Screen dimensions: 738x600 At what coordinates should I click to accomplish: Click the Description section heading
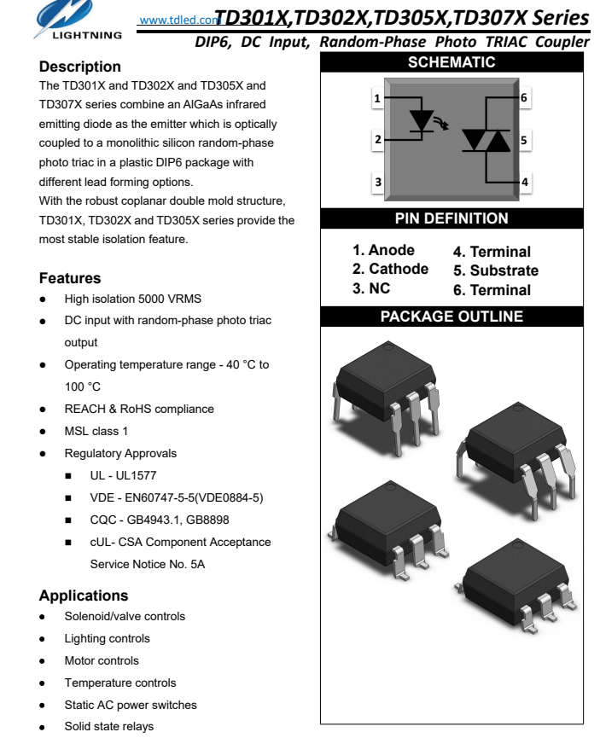tap(80, 67)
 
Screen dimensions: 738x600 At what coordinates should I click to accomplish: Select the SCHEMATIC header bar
tap(451, 62)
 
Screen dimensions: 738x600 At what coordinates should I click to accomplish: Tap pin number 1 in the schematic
tap(377, 99)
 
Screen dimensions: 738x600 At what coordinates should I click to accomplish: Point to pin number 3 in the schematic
tap(377, 181)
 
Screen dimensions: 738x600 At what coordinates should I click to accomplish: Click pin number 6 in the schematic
tap(524, 98)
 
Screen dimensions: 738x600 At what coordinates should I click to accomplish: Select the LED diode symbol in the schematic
tap(421, 119)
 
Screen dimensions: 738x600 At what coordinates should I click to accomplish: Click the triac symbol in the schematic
tap(486, 140)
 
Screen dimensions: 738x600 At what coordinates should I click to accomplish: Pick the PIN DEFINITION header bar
tap(451, 218)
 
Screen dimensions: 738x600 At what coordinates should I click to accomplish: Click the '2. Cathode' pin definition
tap(391, 269)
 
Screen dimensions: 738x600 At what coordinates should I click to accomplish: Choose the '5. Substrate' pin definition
tap(496, 270)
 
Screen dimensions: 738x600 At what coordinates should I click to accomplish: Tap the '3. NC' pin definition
tap(371, 288)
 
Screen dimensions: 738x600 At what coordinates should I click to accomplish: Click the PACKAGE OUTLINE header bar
tap(451, 317)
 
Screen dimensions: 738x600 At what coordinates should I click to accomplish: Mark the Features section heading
tap(70, 278)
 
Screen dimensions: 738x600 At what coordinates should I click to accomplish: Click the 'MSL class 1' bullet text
tap(96, 431)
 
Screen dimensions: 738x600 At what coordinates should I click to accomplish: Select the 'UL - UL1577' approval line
tap(123, 475)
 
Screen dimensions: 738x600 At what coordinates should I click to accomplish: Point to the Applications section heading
tap(84, 596)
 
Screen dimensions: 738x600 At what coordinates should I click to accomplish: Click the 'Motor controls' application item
tap(102, 660)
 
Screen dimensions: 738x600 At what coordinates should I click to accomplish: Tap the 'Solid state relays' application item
tap(109, 727)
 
